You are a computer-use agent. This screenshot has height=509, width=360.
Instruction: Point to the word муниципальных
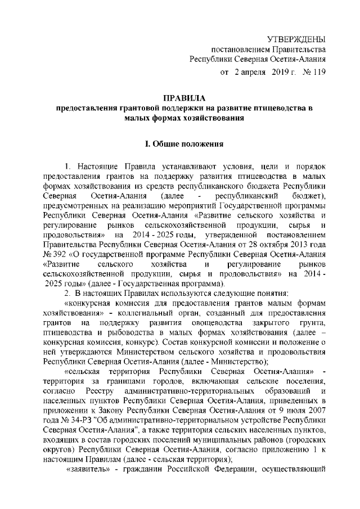point(226,438)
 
